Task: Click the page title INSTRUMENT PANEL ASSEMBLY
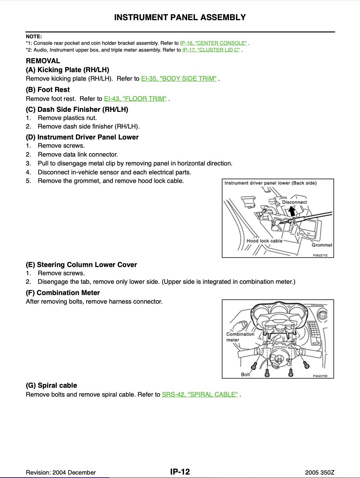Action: [x=180, y=17]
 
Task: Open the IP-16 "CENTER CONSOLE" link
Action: [x=213, y=43]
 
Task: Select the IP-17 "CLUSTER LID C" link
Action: [x=211, y=50]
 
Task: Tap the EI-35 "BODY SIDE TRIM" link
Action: [x=179, y=79]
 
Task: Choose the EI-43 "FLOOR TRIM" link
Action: [x=135, y=99]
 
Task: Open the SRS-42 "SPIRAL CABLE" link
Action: [x=200, y=395]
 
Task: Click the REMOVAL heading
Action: [x=43, y=61]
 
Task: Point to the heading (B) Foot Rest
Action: [x=48, y=90]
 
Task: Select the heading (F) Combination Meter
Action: [x=63, y=293]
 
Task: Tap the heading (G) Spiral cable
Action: [x=51, y=385]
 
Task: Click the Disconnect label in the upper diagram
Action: [x=294, y=202]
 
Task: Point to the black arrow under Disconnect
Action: [x=292, y=212]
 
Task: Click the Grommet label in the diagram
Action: [x=322, y=245]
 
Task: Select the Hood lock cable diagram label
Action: [x=265, y=241]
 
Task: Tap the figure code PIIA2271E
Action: [x=320, y=255]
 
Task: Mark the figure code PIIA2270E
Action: [x=320, y=376]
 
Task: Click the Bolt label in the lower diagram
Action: [x=245, y=374]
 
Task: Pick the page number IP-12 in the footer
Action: [x=180, y=472]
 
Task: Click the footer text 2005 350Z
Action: [x=320, y=473]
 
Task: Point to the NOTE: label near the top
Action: [x=34, y=36]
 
